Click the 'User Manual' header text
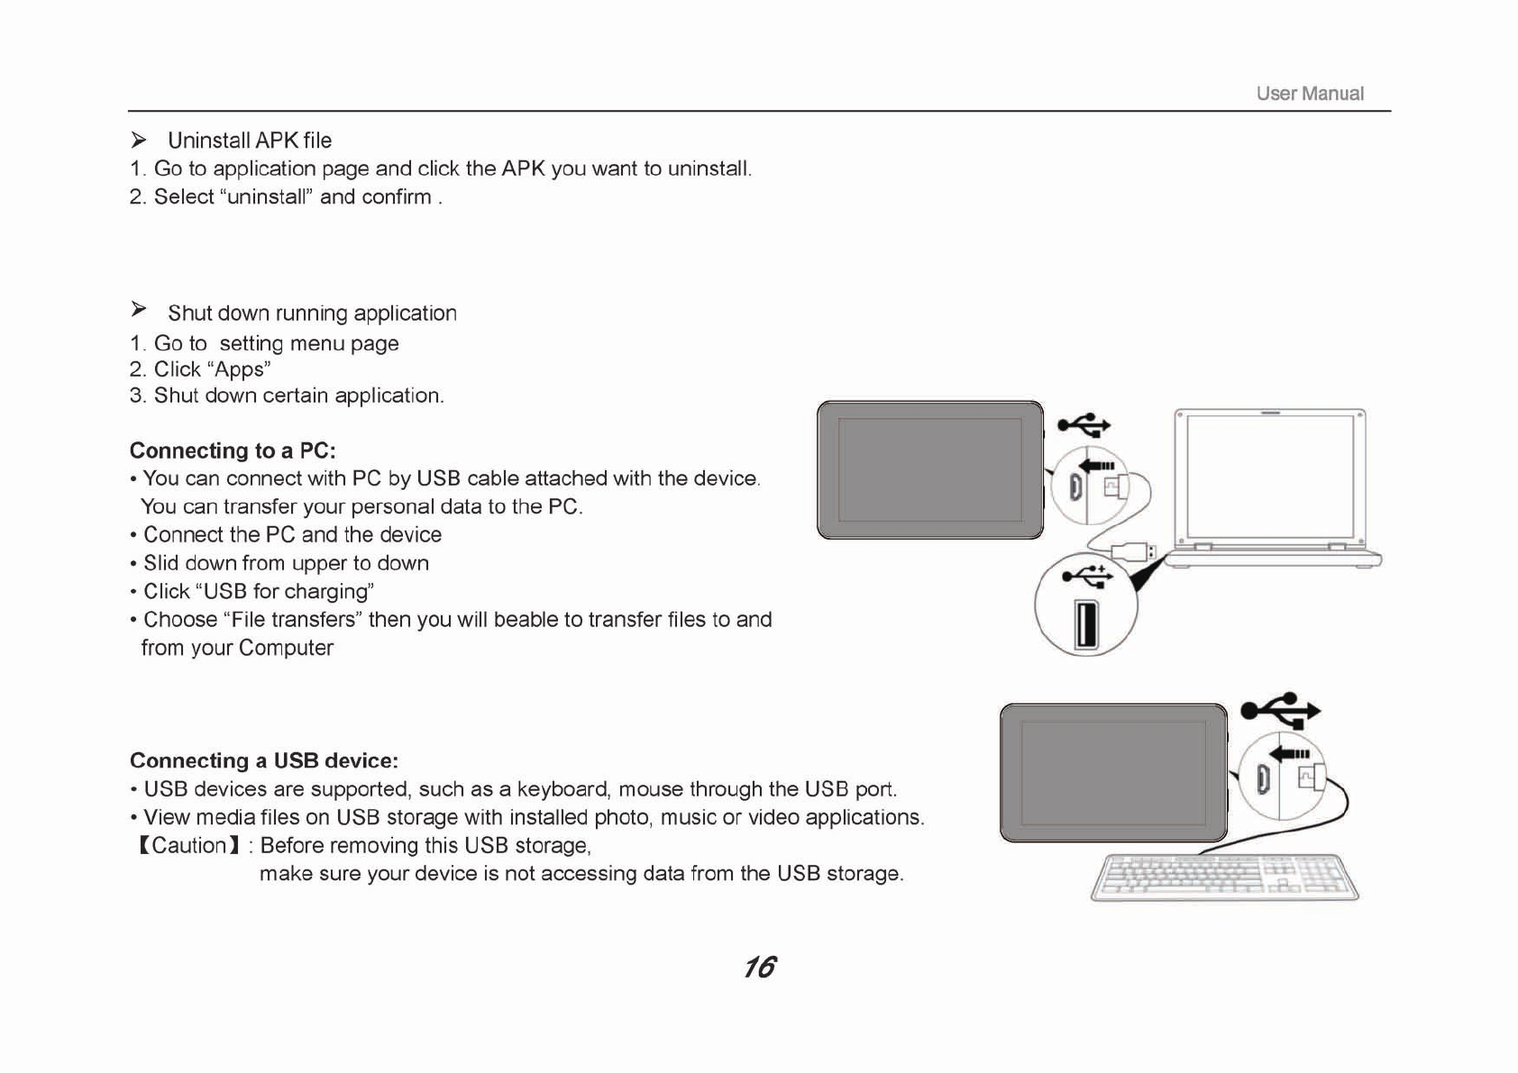click(1309, 94)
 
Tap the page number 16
click(759, 967)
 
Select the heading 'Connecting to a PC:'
click(233, 450)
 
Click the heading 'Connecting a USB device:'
click(263, 760)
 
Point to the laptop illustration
click(1271, 487)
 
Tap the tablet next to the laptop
click(929, 470)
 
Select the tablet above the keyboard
click(1113, 773)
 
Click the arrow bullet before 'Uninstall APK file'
click(139, 140)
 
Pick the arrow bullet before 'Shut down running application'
click(139, 310)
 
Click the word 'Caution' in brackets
click(188, 845)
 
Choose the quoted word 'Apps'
click(239, 369)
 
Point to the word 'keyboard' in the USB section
click(562, 789)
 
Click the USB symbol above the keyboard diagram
click(1280, 710)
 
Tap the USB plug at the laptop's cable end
click(1134, 550)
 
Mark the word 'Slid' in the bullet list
click(161, 563)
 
